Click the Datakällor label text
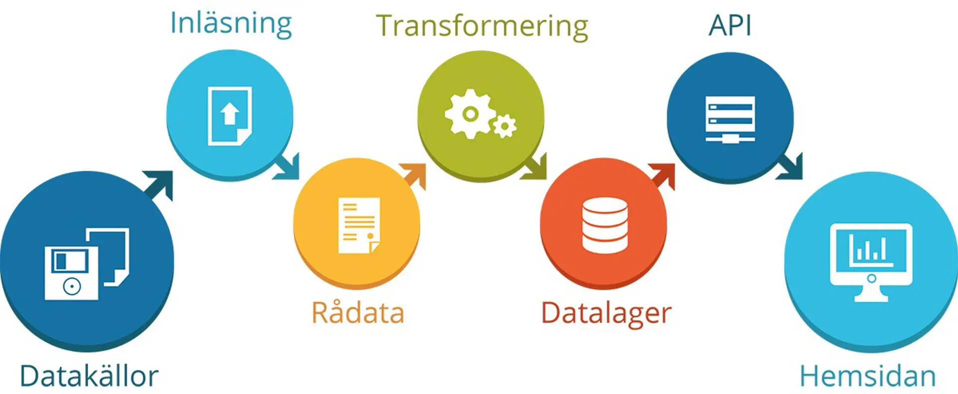(89, 376)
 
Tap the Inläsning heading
(231, 23)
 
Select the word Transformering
(481, 26)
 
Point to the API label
(730, 25)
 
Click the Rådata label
(358, 313)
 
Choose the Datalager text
(606, 313)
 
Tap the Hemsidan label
(868, 376)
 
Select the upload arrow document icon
(230, 116)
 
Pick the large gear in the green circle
(469, 114)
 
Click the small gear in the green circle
(505, 126)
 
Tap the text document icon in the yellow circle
(359, 225)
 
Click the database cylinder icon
(605, 225)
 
